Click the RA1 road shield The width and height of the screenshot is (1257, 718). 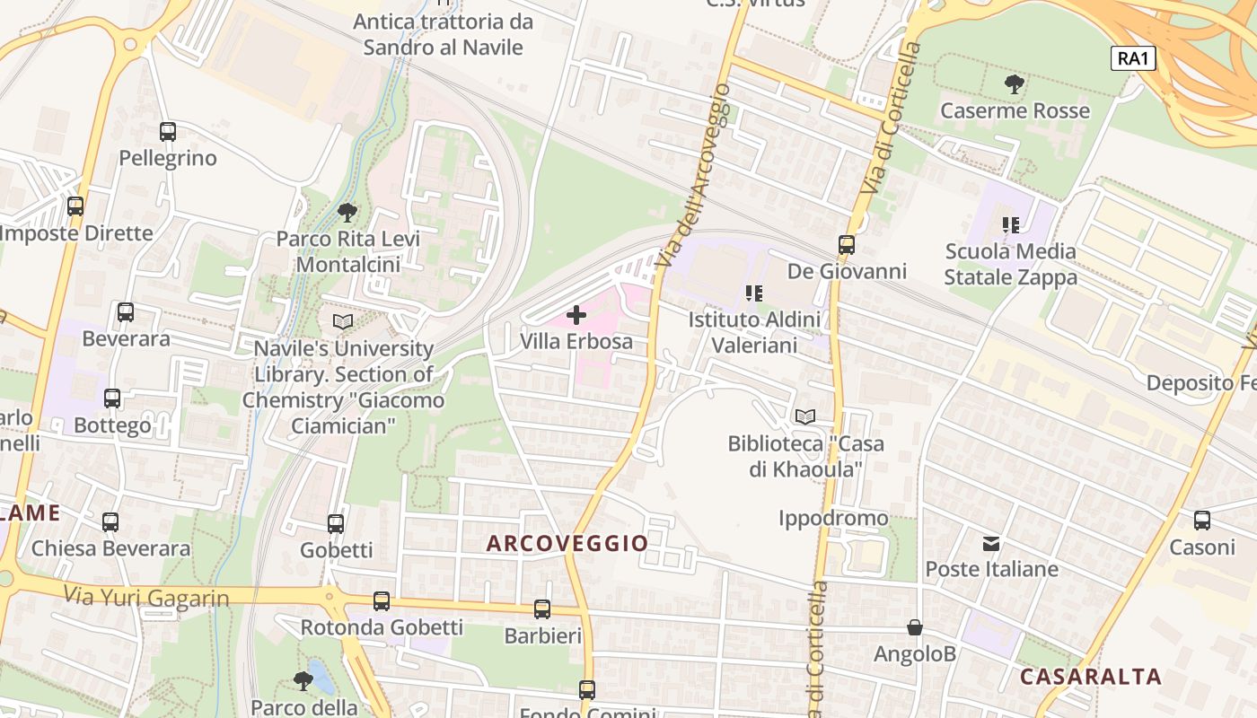[x=1133, y=58]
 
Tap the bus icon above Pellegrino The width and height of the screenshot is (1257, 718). [x=168, y=132]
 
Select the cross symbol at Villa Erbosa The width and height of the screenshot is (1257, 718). [x=576, y=315]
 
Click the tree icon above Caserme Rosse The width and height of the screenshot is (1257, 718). [x=1015, y=85]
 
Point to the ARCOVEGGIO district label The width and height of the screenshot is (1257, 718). [x=567, y=543]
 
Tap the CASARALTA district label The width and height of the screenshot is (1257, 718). [x=1091, y=676]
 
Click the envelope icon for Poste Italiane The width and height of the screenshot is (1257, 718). [x=991, y=543]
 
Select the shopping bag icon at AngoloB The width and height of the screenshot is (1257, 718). [x=915, y=627]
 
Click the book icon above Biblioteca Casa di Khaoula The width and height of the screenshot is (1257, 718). [x=805, y=416]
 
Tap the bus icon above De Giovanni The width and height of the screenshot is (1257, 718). [x=846, y=244]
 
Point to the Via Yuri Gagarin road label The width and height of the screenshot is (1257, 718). [x=146, y=595]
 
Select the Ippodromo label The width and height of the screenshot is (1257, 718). [x=833, y=518]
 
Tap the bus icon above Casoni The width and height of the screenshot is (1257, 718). [x=1202, y=520]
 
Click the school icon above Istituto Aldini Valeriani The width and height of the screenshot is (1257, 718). [x=754, y=293]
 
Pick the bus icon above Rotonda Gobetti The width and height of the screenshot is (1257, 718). [x=382, y=600]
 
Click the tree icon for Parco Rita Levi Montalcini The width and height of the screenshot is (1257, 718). [x=347, y=213]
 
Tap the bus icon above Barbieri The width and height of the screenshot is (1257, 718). [x=542, y=609]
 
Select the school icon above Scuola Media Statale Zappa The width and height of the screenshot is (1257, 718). [x=1011, y=224]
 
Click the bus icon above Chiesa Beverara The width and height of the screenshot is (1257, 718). [x=110, y=521]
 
